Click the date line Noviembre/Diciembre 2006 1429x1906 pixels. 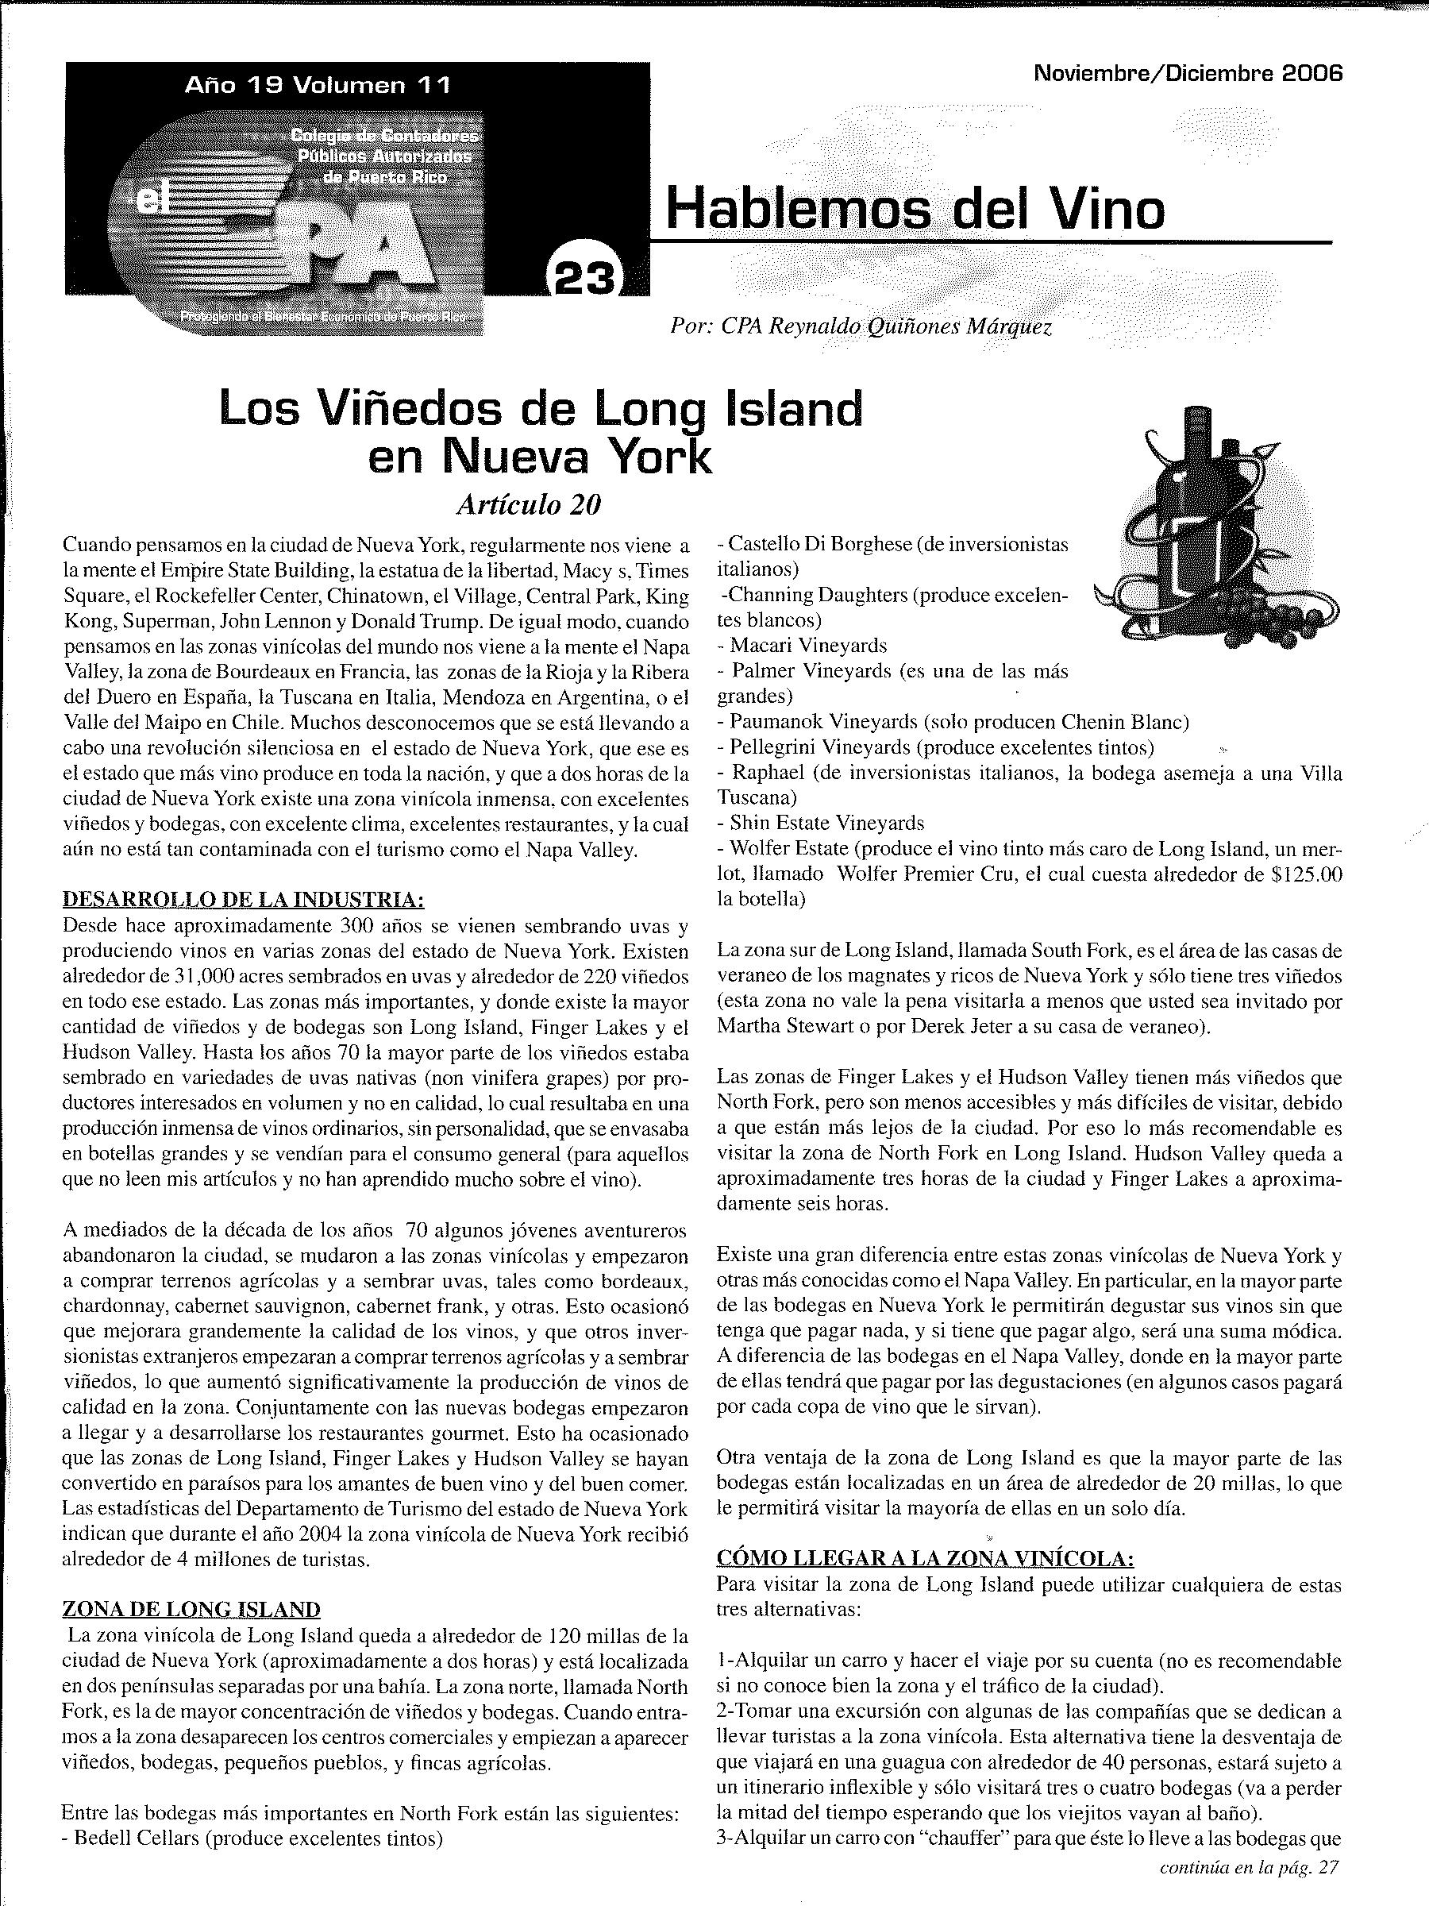tap(1188, 73)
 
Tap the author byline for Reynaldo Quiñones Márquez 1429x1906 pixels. tap(861, 327)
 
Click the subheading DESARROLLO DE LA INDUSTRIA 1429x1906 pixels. tap(244, 901)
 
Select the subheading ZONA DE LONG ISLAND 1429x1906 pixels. tap(191, 1609)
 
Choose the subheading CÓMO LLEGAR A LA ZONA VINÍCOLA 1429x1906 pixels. tap(925, 1558)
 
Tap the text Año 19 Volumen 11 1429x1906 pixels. tap(317, 85)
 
